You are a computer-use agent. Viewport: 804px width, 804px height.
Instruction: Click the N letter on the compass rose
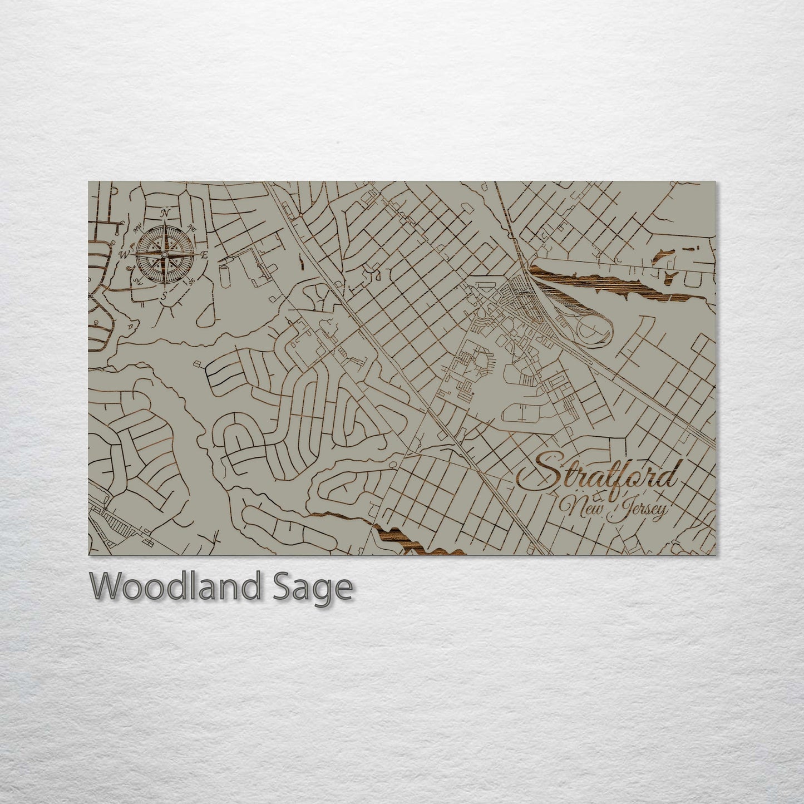(x=165, y=213)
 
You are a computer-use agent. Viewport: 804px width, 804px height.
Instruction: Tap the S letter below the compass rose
(x=164, y=295)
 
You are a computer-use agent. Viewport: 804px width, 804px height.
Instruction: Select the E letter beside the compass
(x=204, y=255)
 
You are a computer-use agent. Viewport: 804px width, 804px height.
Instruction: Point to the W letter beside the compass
(x=124, y=255)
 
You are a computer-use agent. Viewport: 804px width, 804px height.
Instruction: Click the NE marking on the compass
(x=193, y=227)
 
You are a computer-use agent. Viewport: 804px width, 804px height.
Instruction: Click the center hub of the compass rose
(x=164, y=254)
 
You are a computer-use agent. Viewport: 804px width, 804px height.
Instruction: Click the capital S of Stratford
(x=551, y=470)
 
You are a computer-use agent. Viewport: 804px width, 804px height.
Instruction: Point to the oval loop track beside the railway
(x=590, y=328)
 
